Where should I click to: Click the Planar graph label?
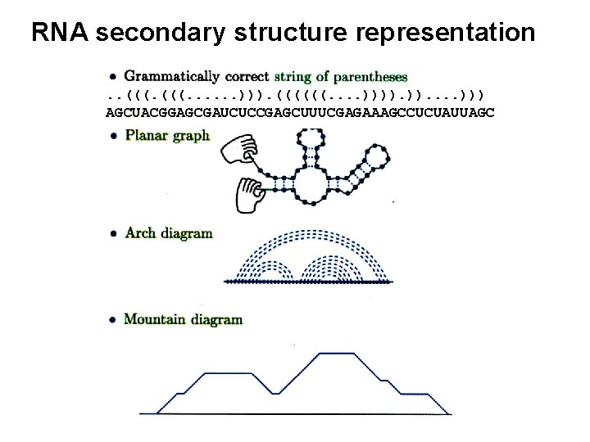click(x=167, y=136)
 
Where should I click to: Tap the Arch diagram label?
click(x=169, y=233)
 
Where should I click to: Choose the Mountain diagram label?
click(x=183, y=318)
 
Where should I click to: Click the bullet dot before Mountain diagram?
click(x=112, y=318)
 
